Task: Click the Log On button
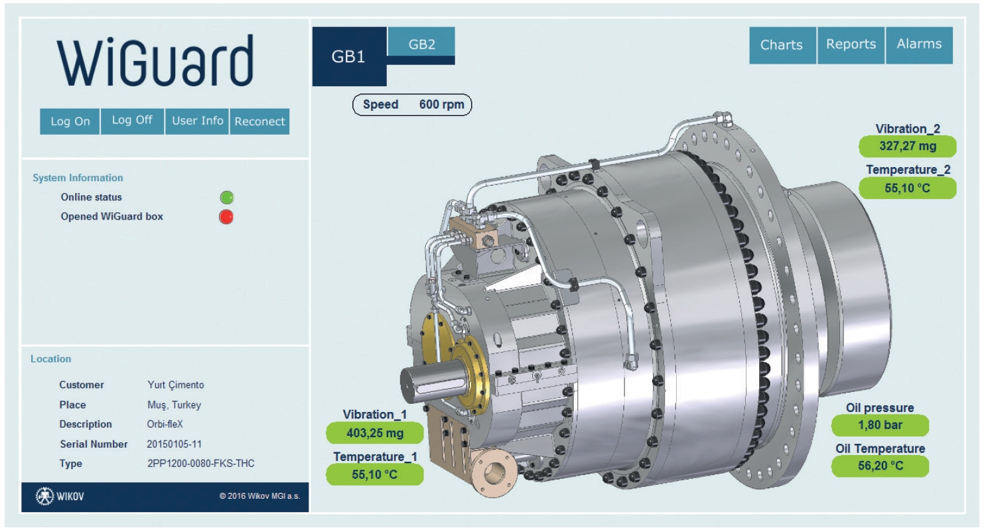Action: point(70,121)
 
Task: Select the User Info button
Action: point(197,121)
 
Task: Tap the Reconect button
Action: point(259,121)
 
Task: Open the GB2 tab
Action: point(421,44)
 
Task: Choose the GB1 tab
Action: point(349,56)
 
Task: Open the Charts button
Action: point(782,45)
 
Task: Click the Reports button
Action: point(851,45)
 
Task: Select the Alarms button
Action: point(919,45)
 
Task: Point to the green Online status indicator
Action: point(227,198)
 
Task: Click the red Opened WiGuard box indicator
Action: point(226,217)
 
